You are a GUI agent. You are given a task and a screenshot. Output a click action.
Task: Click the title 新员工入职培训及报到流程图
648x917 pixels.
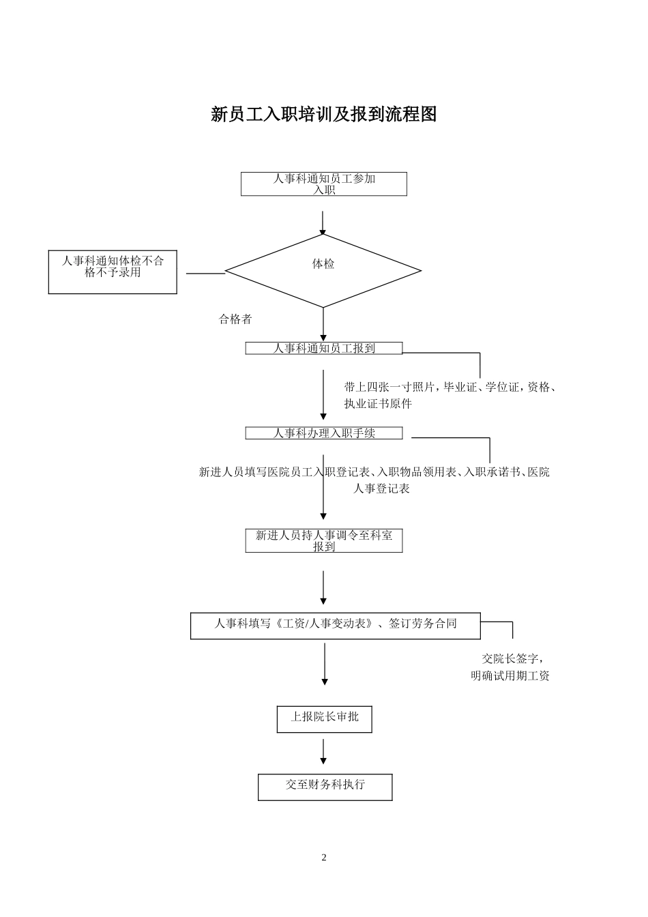click(323, 115)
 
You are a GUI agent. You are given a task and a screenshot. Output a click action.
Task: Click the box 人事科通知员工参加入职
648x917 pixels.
click(323, 184)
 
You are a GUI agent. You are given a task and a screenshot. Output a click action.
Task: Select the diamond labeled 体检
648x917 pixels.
click(323, 271)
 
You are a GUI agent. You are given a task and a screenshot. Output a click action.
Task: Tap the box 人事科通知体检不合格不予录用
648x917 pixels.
click(113, 272)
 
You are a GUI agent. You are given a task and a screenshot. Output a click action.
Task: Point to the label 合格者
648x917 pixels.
click(235, 319)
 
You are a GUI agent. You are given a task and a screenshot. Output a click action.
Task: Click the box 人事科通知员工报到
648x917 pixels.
click(324, 349)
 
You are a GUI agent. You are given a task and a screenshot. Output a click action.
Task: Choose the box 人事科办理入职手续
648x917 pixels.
click(324, 433)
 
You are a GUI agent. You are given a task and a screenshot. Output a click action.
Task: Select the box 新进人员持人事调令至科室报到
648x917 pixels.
click(324, 541)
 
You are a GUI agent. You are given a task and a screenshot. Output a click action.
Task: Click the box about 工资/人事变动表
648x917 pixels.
click(335, 626)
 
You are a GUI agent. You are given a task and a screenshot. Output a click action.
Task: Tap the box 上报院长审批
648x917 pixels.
click(324, 719)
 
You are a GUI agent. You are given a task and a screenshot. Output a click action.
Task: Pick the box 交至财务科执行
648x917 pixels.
click(325, 787)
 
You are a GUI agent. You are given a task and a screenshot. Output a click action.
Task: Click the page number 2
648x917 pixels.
click(324, 858)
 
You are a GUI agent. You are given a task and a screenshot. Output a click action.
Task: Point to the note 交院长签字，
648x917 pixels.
click(512, 659)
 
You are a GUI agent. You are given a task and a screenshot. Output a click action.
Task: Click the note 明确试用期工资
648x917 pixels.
click(510, 676)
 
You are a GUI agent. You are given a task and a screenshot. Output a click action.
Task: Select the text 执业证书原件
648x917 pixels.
click(378, 403)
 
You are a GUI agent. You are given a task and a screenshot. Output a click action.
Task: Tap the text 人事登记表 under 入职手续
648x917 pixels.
click(381, 489)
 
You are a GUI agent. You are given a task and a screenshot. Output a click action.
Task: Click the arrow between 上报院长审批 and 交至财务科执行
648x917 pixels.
click(323, 751)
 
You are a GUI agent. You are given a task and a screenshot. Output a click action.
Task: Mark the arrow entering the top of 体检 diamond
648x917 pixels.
click(323, 222)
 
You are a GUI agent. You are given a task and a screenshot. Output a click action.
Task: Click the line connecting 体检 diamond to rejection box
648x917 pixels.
click(205, 274)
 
